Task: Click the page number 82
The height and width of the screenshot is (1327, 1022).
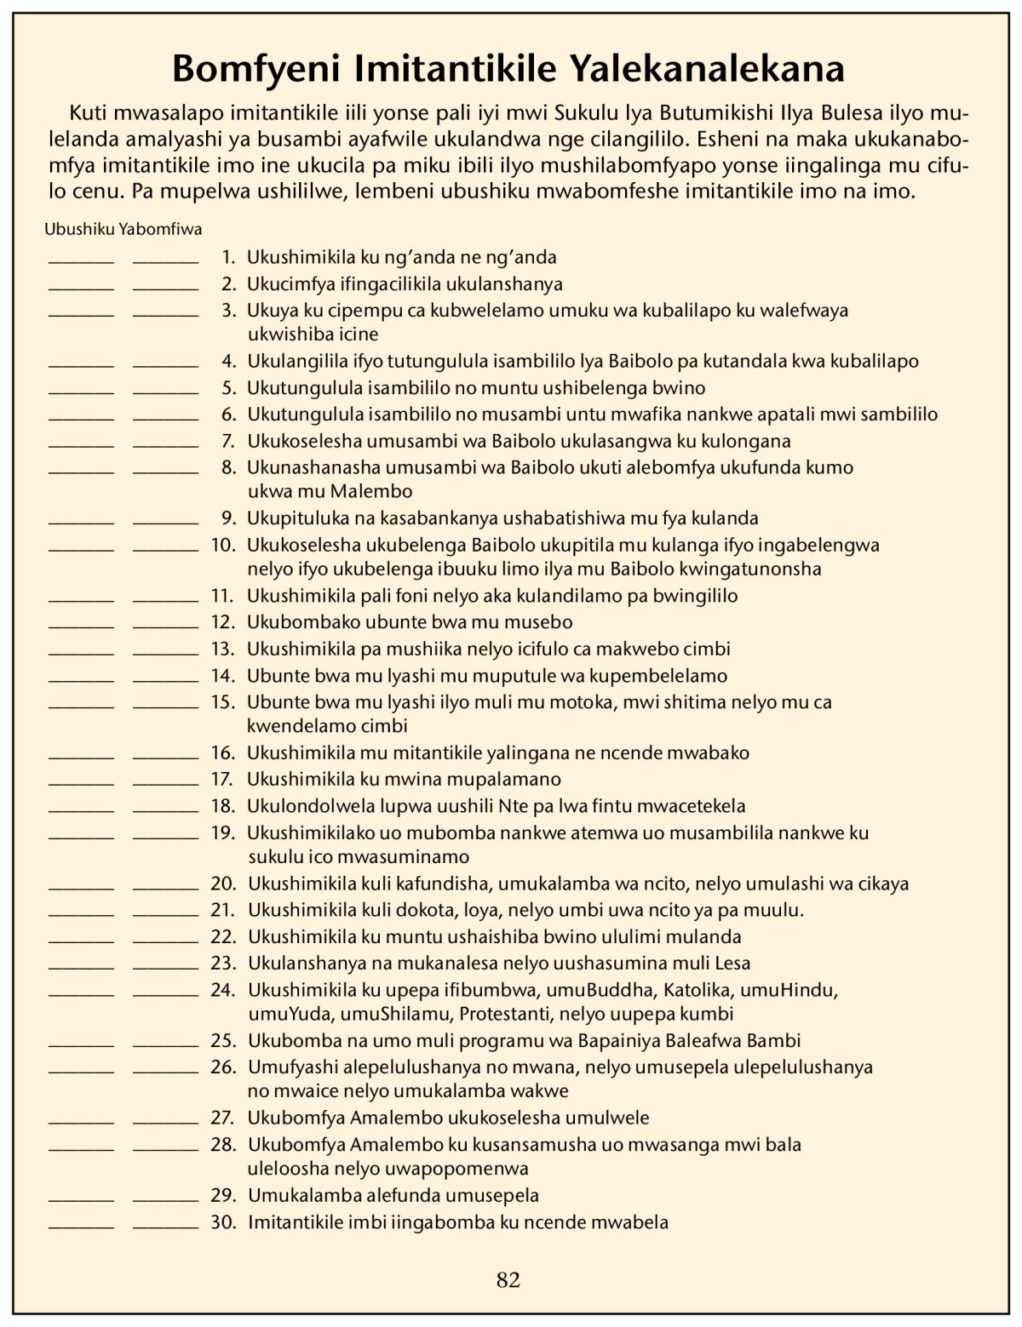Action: pos(508,1279)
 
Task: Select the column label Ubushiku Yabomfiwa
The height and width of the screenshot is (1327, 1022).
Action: pos(123,228)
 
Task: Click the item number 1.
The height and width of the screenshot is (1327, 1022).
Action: pos(227,257)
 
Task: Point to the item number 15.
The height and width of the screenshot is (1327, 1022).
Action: pos(223,702)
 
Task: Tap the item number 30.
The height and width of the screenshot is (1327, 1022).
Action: pos(223,1222)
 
